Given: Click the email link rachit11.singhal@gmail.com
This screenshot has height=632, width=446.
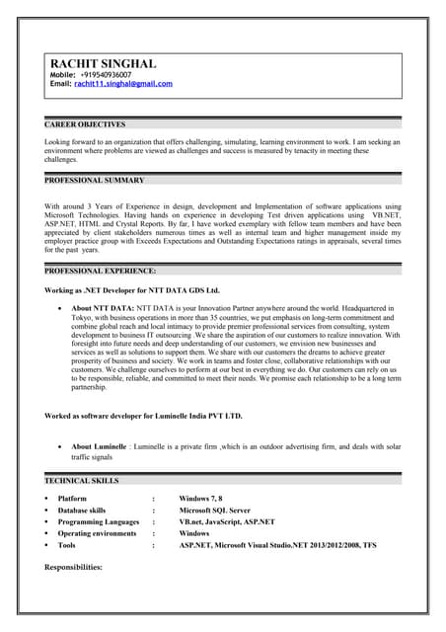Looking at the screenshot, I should point(123,85).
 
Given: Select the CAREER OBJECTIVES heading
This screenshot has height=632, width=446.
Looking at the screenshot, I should point(86,125).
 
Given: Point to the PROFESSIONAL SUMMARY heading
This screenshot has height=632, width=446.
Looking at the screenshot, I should point(95,181).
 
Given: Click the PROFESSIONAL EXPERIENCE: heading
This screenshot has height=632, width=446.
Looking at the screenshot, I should point(101,270).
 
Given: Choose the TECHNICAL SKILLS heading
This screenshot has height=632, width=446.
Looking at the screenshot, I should point(82,480).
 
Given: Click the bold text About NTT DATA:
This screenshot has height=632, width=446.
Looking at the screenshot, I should point(103,309).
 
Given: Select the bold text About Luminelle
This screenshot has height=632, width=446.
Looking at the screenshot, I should point(99,447).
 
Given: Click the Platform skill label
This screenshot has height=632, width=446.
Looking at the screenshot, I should point(73,499).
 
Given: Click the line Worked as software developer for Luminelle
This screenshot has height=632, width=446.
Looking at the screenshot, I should point(144,416).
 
